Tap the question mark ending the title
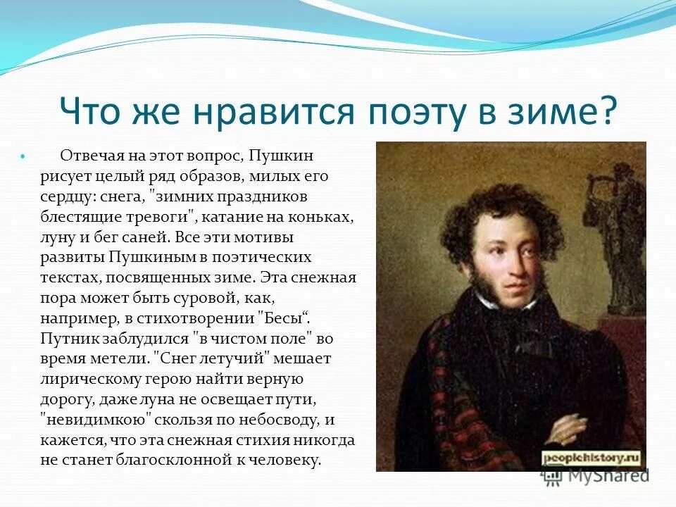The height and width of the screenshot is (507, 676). pos(608,110)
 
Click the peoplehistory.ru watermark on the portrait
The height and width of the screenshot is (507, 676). pos(591,458)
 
